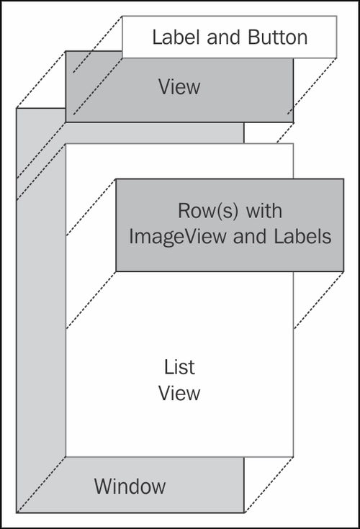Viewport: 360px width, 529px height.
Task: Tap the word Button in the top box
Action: tap(278, 37)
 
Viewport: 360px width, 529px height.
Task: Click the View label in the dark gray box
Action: tap(179, 86)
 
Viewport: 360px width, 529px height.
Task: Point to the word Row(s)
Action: tap(208, 211)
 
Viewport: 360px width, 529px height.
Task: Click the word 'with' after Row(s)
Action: tap(264, 211)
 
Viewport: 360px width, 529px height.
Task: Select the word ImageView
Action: tap(177, 237)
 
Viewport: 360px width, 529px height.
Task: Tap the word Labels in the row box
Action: tap(302, 236)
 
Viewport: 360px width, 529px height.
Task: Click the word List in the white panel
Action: tap(179, 367)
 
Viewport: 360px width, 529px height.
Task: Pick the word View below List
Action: tap(179, 394)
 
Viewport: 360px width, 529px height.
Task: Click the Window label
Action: tap(130, 486)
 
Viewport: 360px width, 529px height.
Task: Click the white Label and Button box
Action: tap(230, 37)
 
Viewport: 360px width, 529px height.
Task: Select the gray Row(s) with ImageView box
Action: tap(230, 225)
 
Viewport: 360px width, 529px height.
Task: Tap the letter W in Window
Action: tap(103, 486)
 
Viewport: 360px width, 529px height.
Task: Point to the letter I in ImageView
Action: tap(131, 236)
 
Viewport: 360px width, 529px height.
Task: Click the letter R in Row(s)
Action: tap(184, 211)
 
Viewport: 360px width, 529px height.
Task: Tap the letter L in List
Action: tap(169, 367)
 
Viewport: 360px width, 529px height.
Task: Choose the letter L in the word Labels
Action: tap(279, 236)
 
